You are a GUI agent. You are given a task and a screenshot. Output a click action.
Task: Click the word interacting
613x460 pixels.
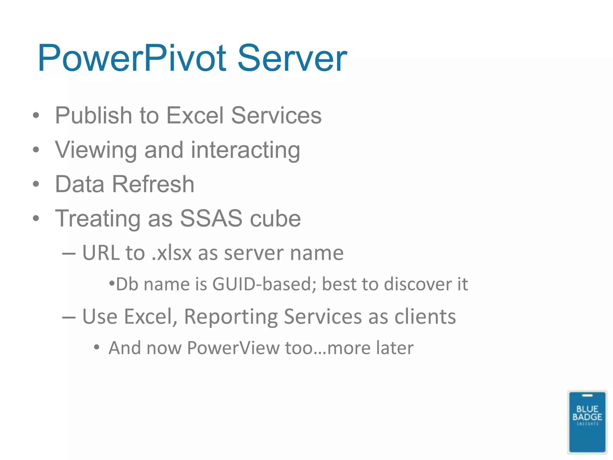point(245,150)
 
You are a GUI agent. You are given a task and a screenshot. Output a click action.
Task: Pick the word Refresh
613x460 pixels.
point(153,184)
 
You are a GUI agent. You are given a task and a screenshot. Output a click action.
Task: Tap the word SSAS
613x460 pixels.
point(211,218)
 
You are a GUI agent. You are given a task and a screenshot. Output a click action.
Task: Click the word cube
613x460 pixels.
point(275,218)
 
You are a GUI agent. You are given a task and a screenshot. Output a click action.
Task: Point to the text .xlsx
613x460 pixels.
point(172,253)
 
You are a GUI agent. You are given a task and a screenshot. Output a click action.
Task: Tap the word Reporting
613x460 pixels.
point(231,317)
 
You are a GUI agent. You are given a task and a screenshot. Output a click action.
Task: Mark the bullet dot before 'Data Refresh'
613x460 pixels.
point(36,184)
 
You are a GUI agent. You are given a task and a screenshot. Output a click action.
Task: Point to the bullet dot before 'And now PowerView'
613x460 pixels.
point(96,347)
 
